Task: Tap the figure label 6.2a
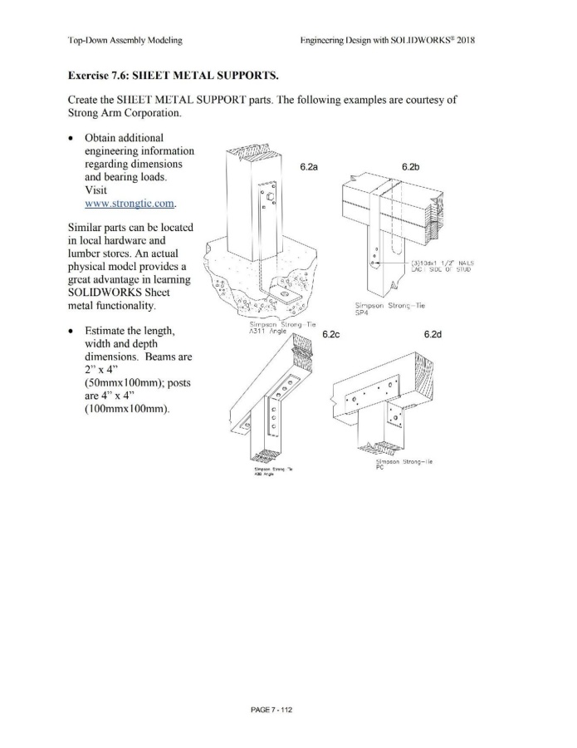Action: pyautogui.click(x=311, y=167)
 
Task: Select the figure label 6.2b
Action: pyautogui.click(x=410, y=167)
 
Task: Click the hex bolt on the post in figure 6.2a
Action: pyautogui.click(x=269, y=196)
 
